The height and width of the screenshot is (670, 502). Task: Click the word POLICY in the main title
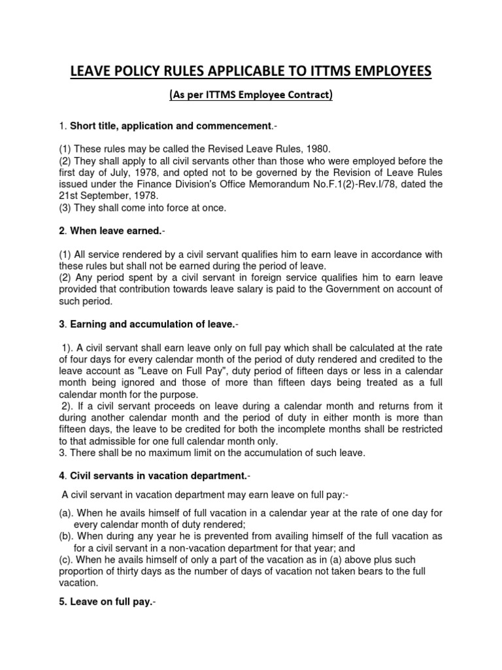153,71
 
